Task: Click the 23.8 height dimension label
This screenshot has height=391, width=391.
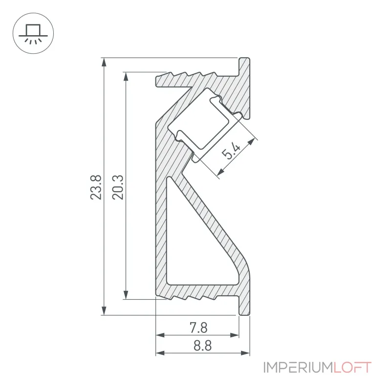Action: click(96, 187)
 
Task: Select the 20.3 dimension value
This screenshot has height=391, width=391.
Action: click(118, 187)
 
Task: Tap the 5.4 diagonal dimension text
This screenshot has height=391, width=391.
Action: click(231, 151)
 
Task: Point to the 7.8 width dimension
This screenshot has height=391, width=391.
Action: click(198, 327)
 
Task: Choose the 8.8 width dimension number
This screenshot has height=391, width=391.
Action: click(202, 346)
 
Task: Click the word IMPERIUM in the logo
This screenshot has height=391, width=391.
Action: click(298, 368)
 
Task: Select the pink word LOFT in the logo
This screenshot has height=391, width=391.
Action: click(352, 368)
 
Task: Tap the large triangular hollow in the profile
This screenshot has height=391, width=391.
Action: click(197, 239)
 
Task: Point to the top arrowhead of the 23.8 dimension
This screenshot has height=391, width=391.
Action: click(104, 63)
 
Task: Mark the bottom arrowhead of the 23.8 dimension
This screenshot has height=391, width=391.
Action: click(104, 311)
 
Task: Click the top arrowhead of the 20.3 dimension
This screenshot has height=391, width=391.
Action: click(126, 77)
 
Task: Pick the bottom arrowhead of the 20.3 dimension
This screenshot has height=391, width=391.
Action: click(126, 295)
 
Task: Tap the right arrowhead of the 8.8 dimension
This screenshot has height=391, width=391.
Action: click(245, 353)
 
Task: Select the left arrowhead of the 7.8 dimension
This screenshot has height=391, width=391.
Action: click(160, 335)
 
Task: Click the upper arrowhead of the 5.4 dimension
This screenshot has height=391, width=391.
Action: click(251, 142)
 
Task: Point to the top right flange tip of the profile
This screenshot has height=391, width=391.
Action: click(244, 59)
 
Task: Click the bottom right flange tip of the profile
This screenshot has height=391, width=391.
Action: click(244, 314)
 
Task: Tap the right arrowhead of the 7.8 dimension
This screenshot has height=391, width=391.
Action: click(235, 335)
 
